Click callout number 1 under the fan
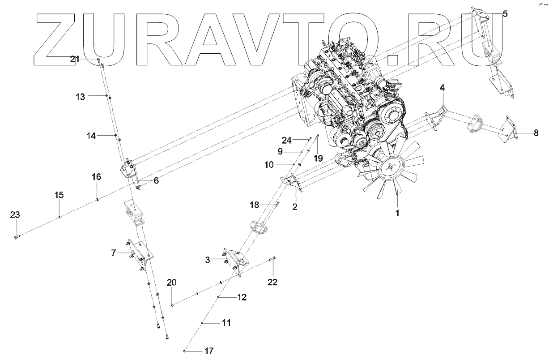(x=396, y=213)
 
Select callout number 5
(x=505, y=14)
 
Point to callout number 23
(x=15, y=215)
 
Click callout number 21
(x=75, y=59)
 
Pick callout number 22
(x=272, y=282)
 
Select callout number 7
(x=114, y=253)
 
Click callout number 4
(x=442, y=88)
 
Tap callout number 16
(x=97, y=177)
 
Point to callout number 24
(x=286, y=140)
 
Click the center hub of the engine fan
(x=391, y=168)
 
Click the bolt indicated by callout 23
(x=17, y=237)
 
